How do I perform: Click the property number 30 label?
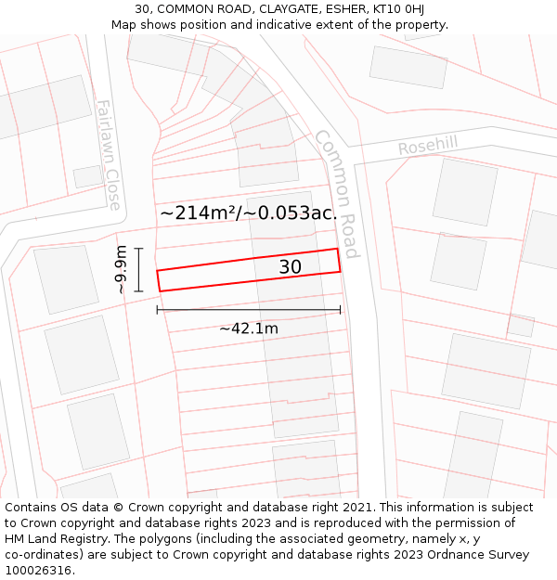290,267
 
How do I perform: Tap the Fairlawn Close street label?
109,142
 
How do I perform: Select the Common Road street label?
336,193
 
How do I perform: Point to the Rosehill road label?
428,147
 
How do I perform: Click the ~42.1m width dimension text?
249,328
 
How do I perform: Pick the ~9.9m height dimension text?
121,270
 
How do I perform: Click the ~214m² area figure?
197,213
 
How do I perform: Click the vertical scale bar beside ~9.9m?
138,270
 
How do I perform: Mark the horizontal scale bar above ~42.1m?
249,310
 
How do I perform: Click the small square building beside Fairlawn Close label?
88,175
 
